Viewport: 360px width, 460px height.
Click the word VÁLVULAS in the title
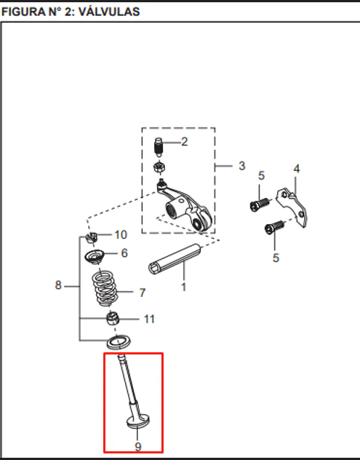click(109, 12)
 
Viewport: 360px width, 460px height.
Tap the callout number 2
click(184, 142)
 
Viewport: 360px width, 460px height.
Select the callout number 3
click(241, 166)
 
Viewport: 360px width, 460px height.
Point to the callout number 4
click(297, 169)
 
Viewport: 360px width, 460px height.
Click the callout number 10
click(121, 234)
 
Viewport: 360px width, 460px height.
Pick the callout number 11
click(149, 319)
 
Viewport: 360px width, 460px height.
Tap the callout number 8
click(58, 285)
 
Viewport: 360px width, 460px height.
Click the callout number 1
click(183, 287)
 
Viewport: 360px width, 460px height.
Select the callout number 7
click(143, 293)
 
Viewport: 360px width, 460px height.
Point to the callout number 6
click(124, 253)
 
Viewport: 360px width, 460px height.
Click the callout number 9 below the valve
click(137, 446)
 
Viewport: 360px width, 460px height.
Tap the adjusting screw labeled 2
click(159, 147)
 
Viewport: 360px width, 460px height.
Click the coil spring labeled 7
click(103, 288)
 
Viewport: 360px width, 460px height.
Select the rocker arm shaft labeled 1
click(175, 259)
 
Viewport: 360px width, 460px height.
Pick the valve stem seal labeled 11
click(113, 319)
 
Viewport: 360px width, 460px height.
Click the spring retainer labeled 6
click(95, 257)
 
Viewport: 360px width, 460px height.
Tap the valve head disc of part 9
click(138, 421)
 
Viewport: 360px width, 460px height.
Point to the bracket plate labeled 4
click(292, 207)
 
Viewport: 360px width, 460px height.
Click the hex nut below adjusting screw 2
click(159, 167)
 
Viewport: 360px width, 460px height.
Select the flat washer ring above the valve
click(119, 342)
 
